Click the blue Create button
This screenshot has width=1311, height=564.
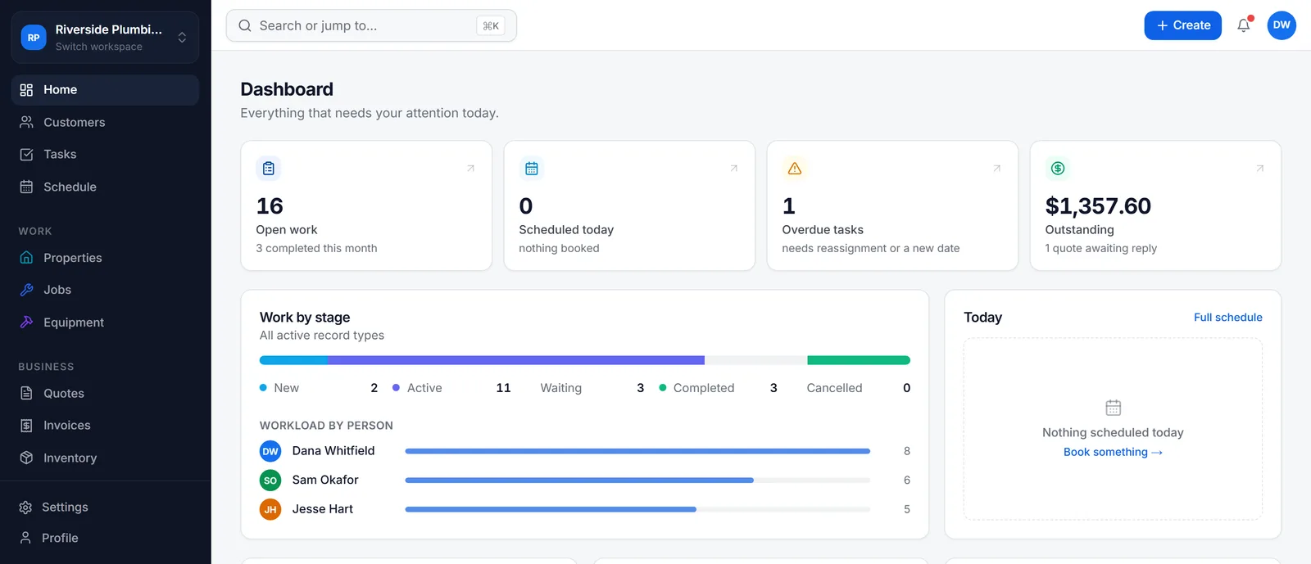pyautogui.click(x=1182, y=25)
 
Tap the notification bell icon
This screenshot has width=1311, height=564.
pyautogui.click(x=1243, y=25)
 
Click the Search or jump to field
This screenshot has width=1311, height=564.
pyautogui.click(x=371, y=25)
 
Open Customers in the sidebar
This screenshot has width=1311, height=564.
pyautogui.click(x=74, y=122)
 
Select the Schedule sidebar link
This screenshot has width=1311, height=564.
pyautogui.click(x=70, y=187)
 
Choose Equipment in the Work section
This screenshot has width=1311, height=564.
pyautogui.click(x=73, y=322)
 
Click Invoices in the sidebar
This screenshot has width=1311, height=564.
pyautogui.click(x=66, y=425)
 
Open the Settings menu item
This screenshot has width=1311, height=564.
pyautogui.click(x=65, y=507)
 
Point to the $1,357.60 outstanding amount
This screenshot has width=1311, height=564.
pyautogui.click(x=1098, y=205)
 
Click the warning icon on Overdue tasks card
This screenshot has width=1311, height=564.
pyautogui.click(x=794, y=169)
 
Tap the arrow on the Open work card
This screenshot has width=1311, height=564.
pyautogui.click(x=470, y=169)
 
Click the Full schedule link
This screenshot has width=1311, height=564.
pyautogui.click(x=1228, y=317)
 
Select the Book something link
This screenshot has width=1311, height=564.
pyautogui.click(x=1113, y=452)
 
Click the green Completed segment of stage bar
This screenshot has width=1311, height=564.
pyautogui.click(x=859, y=360)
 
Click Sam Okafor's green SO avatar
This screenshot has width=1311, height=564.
pyautogui.click(x=270, y=480)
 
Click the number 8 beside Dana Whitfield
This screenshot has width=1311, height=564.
pyautogui.click(x=906, y=450)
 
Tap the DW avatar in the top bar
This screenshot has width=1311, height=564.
pyautogui.click(x=1282, y=25)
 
